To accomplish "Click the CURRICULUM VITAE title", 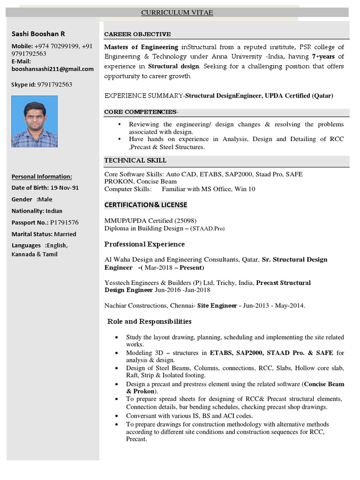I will (x=177, y=13).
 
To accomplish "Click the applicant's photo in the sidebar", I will (x=35, y=122).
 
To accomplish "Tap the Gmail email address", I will (x=52, y=69).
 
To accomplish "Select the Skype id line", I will (x=42, y=85).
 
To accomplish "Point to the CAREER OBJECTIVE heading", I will (x=137, y=34).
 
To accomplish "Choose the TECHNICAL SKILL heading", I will (x=135, y=160).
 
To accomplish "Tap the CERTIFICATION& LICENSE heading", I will (x=145, y=205).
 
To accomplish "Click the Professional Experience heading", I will (x=144, y=244).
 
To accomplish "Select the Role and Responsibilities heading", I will (x=150, y=322).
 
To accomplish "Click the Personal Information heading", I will (x=42, y=177).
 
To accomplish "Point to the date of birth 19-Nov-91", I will (x=65, y=188).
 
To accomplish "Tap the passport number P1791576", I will (x=64, y=223).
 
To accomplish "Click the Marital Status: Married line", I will (x=44, y=234).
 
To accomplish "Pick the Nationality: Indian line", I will (x=37, y=211).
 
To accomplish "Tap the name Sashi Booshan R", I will (x=38, y=34).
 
